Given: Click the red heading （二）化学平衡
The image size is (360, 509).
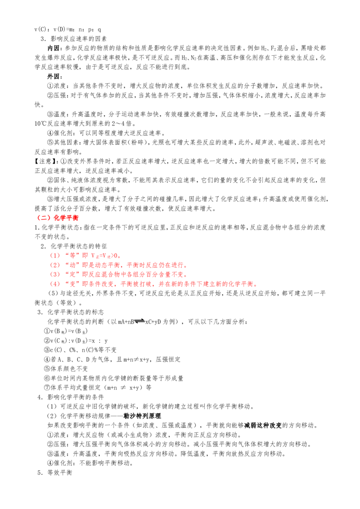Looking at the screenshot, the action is (x=57, y=218).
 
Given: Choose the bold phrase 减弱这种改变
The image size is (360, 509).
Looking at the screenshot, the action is (x=263, y=425).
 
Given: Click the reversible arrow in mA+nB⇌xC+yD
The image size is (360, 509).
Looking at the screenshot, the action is (x=139, y=321).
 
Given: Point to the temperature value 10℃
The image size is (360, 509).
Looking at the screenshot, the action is (x=40, y=124).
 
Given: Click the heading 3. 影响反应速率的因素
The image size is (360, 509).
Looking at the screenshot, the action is (x=74, y=39).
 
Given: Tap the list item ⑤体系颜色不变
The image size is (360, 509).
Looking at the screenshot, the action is (x=66, y=369).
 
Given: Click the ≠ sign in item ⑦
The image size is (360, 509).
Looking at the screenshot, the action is (x=123, y=388).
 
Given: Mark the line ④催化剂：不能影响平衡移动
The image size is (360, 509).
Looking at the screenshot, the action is (x=90, y=463).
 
